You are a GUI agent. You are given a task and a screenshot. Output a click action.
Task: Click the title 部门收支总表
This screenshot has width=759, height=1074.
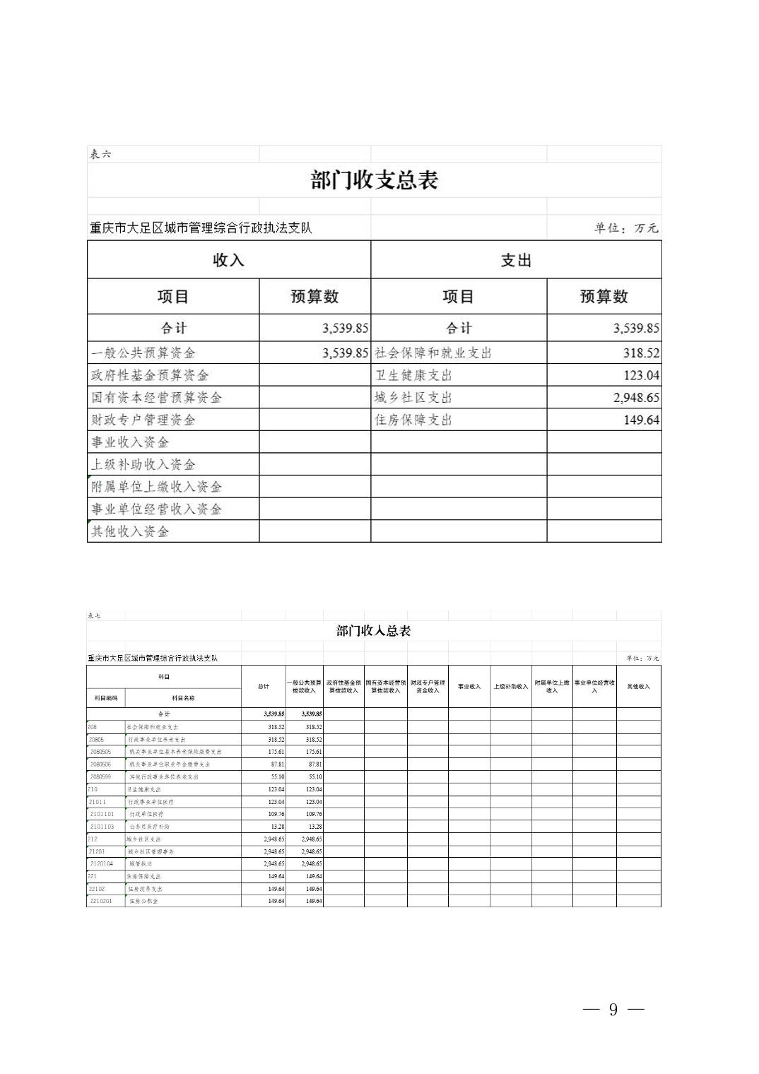tap(375, 180)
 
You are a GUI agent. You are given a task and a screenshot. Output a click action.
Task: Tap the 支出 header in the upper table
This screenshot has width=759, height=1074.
tap(515, 260)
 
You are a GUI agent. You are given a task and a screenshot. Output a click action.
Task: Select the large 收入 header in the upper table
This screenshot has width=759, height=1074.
tap(228, 260)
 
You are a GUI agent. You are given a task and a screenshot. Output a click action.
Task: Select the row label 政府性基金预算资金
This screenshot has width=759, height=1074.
tap(150, 375)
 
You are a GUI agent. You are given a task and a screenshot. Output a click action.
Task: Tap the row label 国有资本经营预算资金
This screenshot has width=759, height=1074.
tap(156, 398)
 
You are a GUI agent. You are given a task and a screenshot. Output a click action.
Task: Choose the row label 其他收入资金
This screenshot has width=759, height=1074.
tap(130, 531)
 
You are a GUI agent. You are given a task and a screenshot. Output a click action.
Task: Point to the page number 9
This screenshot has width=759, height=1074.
tap(613, 1010)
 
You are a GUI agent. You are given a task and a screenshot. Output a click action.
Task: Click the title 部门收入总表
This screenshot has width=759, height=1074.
tap(373, 631)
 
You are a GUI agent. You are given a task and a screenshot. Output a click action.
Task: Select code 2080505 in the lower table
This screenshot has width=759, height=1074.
tap(101, 752)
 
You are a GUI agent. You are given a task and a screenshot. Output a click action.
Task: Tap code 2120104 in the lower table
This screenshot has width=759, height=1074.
tap(101, 863)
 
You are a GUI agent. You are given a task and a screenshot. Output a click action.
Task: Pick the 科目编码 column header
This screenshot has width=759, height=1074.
tap(105, 698)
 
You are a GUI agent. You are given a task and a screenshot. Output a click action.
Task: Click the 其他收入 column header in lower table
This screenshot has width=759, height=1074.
tap(638, 686)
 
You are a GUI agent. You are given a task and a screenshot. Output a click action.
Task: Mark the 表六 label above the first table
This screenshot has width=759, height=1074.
tap(100, 154)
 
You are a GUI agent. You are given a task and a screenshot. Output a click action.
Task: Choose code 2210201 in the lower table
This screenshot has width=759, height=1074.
tap(101, 901)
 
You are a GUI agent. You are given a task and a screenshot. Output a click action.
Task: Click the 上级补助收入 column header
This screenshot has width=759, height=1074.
tap(510, 686)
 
